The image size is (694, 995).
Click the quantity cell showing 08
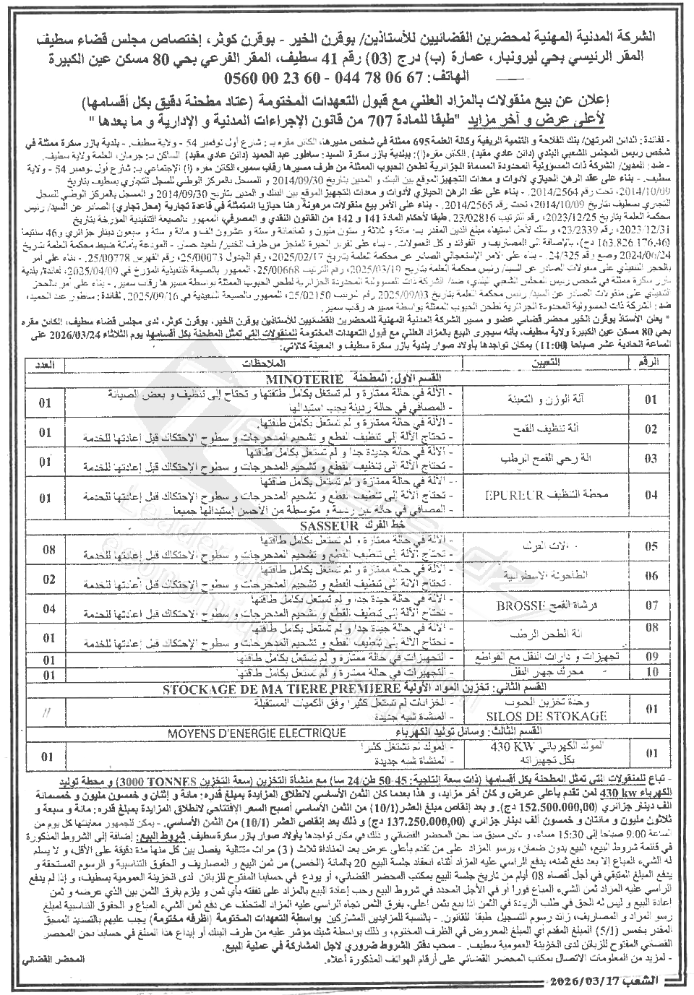coord(49,550)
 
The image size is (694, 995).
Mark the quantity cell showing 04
coord(49,608)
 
